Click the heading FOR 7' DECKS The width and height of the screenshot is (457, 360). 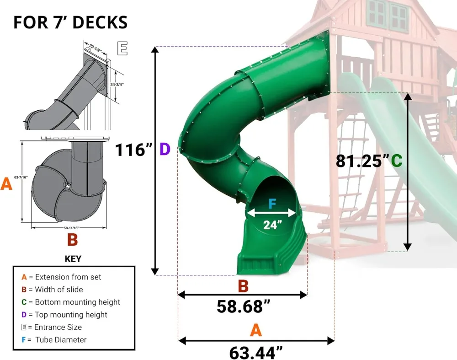tap(70, 22)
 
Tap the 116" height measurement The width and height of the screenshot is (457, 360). tap(133, 150)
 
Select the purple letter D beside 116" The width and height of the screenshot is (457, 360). tap(165, 149)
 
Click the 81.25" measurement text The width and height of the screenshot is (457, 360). tap(362, 161)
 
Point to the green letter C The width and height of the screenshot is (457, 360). tap(396, 161)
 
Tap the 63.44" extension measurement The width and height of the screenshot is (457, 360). tap(255, 353)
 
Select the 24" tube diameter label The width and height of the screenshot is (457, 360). tap(272, 225)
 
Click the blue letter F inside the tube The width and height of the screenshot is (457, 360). tap(272, 204)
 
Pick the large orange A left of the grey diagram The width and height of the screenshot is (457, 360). tap(6, 184)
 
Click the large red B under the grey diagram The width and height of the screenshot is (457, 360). tap(72, 240)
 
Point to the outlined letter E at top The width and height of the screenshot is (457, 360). tap(122, 48)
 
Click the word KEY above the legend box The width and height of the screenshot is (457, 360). tap(73, 259)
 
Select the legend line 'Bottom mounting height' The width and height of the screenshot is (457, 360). tap(71, 302)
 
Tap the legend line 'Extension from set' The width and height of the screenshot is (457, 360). tap(61, 277)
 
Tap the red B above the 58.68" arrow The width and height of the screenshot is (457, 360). tap(243, 286)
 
